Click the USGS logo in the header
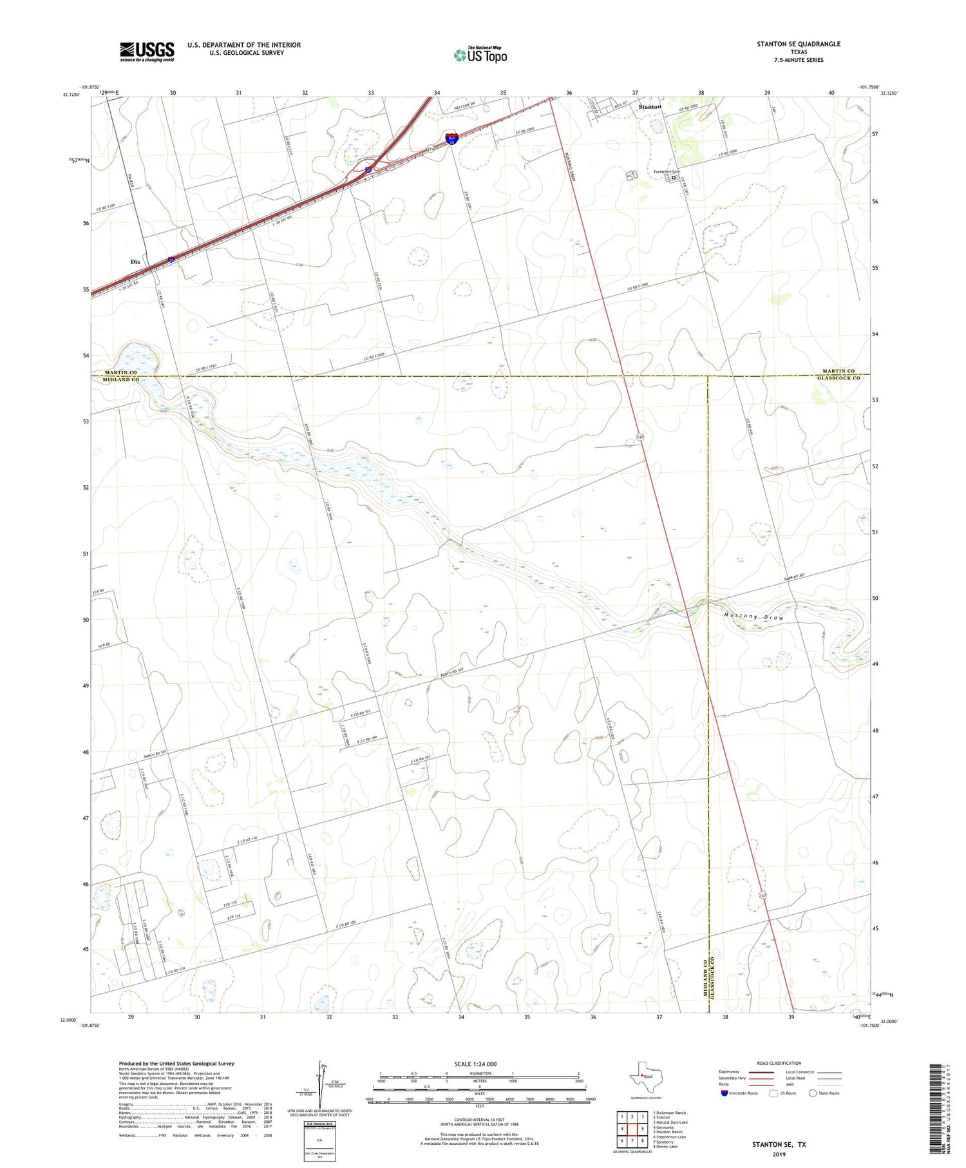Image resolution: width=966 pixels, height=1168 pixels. pos(147,52)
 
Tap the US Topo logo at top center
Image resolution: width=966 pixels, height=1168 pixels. pos(480,55)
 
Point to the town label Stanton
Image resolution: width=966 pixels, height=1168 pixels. pos(650,106)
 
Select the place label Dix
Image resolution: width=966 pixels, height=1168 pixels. pos(135,262)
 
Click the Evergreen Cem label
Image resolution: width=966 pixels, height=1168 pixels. pos(667,172)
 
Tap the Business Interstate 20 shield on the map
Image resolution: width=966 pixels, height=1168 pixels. pos(452,139)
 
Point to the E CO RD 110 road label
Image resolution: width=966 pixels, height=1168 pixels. pos(247,839)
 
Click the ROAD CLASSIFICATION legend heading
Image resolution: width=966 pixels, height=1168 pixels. pos(779,1063)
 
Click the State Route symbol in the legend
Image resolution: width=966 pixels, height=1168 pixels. pos(813,1093)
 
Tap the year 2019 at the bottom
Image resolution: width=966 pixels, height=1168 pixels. pos(779,1154)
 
